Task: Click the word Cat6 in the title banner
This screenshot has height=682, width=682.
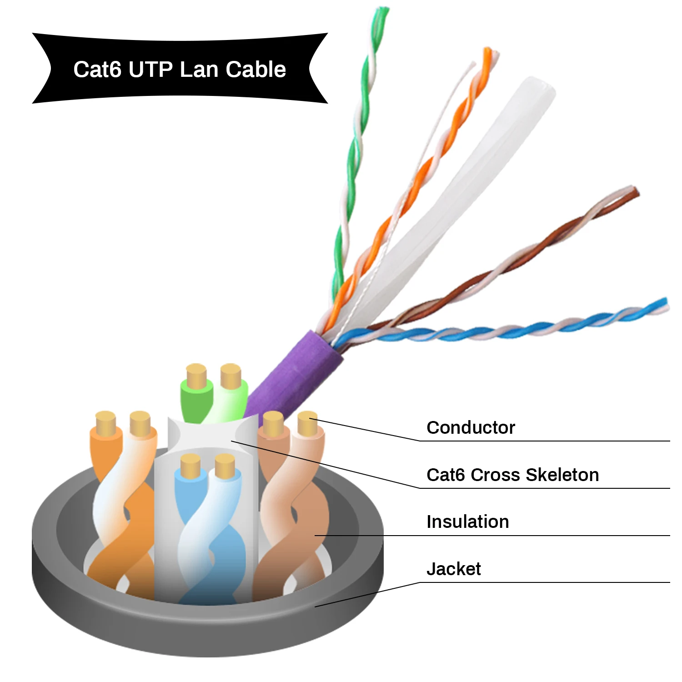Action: point(97,70)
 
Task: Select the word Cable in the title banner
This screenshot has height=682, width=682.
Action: point(256,70)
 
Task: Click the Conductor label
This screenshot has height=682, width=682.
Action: point(471,427)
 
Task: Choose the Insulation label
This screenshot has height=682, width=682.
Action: point(467,522)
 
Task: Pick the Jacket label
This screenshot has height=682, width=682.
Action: point(453,569)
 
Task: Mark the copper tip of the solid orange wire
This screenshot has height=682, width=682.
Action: point(106,423)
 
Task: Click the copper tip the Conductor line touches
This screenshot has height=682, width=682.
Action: point(307,423)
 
